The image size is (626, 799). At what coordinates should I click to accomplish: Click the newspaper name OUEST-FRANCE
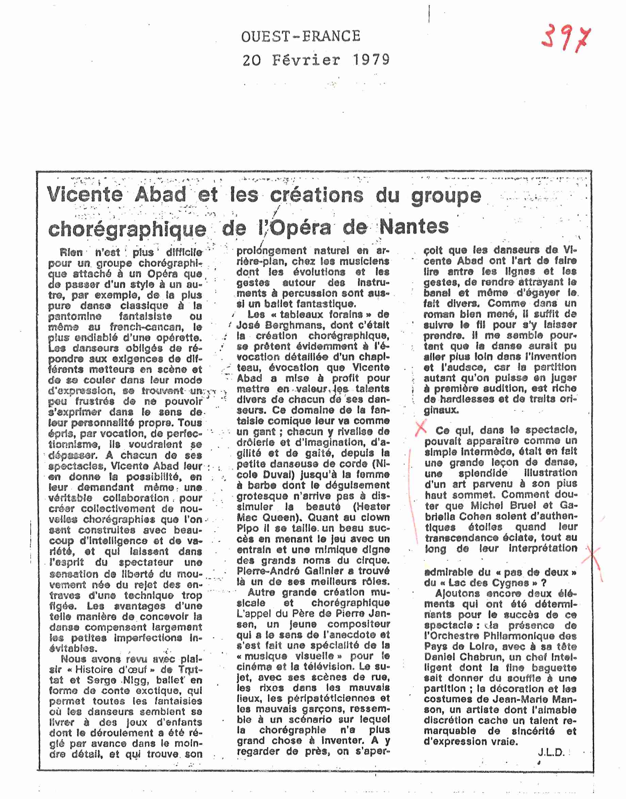300,36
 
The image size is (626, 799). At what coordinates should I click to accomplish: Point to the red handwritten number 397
566,37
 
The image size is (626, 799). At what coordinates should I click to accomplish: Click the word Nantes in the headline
414,227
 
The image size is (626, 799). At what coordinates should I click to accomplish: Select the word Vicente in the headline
85,194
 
